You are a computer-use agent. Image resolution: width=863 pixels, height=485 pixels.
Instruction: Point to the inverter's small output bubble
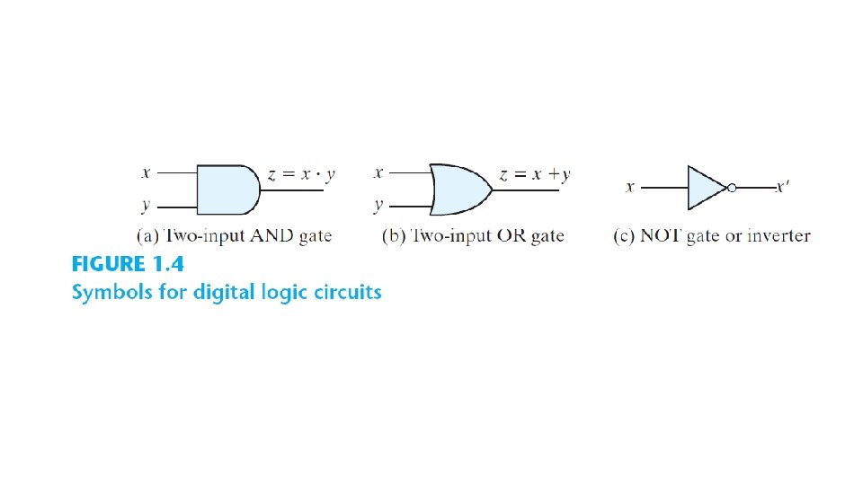point(733,188)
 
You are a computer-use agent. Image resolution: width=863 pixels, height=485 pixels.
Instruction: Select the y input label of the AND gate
point(146,206)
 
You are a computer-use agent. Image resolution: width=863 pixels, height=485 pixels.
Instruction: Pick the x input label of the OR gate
point(379,172)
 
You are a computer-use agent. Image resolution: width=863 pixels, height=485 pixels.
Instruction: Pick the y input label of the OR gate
point(379,206)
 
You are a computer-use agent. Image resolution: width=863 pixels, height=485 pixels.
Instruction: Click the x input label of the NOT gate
point(630,188)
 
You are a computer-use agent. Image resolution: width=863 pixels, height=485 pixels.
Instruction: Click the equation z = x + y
point(535,175)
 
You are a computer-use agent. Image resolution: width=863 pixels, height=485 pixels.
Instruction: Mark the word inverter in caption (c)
point(778,236)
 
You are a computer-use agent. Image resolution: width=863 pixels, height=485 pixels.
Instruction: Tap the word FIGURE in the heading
point(108,265)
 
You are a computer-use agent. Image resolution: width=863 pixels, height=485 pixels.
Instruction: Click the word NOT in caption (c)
point(658,236)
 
